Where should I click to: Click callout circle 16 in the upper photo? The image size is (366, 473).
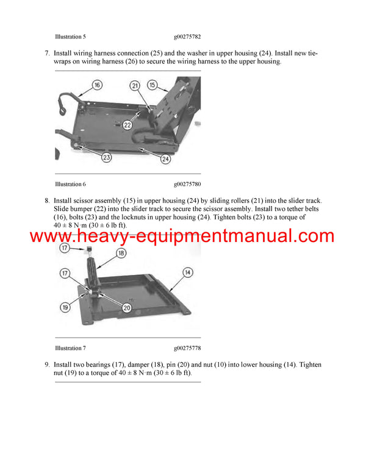click(98, 85)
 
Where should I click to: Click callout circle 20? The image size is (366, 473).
click(127, 308)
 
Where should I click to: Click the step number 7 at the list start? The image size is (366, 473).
click(47, 53)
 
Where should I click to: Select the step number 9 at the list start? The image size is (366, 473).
click(47, 365)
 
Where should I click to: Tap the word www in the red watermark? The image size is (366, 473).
click(49, 237)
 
